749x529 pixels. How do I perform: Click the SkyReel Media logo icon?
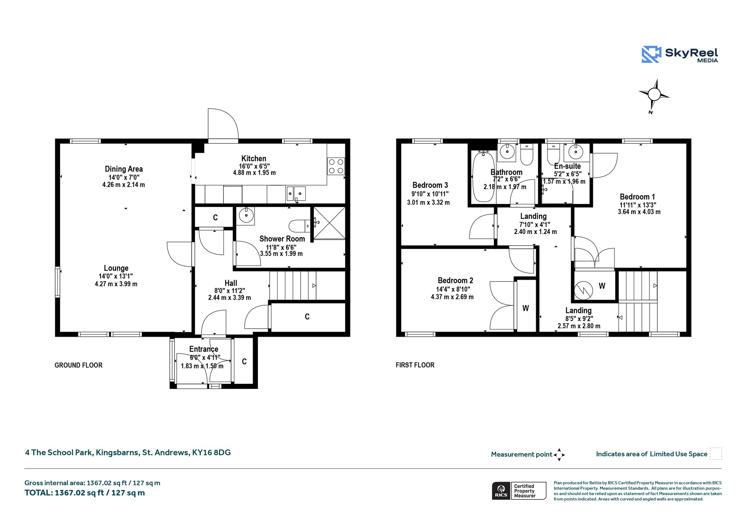point(651,54)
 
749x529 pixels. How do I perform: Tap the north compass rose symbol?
point(654,95)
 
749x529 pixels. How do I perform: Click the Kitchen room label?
point(254,159)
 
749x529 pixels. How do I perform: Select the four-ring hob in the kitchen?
point(336,166)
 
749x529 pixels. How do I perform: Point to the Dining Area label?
point(124,169)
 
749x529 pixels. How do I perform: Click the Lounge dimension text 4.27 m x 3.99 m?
point(116,284)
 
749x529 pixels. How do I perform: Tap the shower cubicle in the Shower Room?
point(329,223)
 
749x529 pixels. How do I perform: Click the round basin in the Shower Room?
point(246,216)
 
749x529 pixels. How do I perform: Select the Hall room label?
point(231,283)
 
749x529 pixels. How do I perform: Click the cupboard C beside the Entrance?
point(244,362)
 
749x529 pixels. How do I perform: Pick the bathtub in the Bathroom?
point(483,177)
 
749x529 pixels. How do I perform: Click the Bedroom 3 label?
point(430,185)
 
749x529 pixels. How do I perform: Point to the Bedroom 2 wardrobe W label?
point(526,308)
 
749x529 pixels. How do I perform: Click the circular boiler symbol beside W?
point(583,290)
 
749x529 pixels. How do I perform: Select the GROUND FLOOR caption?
point(79,365)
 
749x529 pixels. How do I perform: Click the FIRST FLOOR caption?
point(415,365)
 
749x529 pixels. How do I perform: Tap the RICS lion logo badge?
point(501,491)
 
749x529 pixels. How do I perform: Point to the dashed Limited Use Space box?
point(716,453)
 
